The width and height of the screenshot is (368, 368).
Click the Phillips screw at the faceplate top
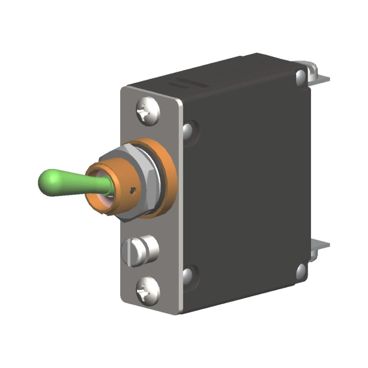coord(147,111)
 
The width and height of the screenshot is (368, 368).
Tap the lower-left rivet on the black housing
coord(187,274)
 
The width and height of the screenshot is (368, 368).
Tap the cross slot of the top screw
coord(147,111)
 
